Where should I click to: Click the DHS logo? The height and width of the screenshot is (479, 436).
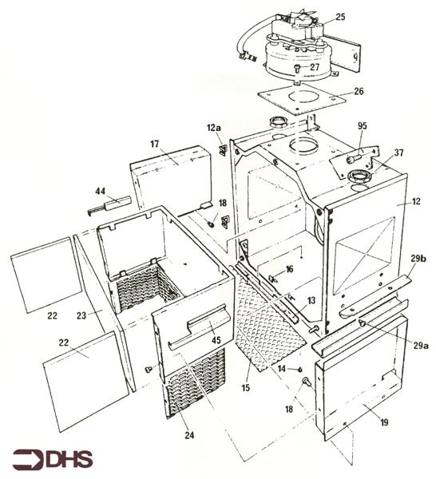52,458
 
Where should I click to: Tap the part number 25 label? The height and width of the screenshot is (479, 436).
340,17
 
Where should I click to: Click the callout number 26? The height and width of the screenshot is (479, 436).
359,91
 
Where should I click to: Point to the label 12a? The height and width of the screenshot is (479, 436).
214,128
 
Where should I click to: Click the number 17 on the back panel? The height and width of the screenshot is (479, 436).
155,144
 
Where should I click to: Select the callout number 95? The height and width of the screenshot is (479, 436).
362,126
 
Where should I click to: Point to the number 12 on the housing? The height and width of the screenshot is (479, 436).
416,202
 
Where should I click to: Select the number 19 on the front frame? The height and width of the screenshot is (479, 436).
384,422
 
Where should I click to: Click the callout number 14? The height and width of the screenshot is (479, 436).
281,369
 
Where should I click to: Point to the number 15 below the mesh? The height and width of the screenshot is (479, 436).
245,388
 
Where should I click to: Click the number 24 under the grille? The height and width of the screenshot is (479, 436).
189,435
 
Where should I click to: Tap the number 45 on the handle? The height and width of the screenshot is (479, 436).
216,340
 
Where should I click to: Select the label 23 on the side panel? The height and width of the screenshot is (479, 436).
81,315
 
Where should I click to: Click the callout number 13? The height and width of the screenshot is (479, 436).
311,301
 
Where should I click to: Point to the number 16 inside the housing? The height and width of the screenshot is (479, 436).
289,269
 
